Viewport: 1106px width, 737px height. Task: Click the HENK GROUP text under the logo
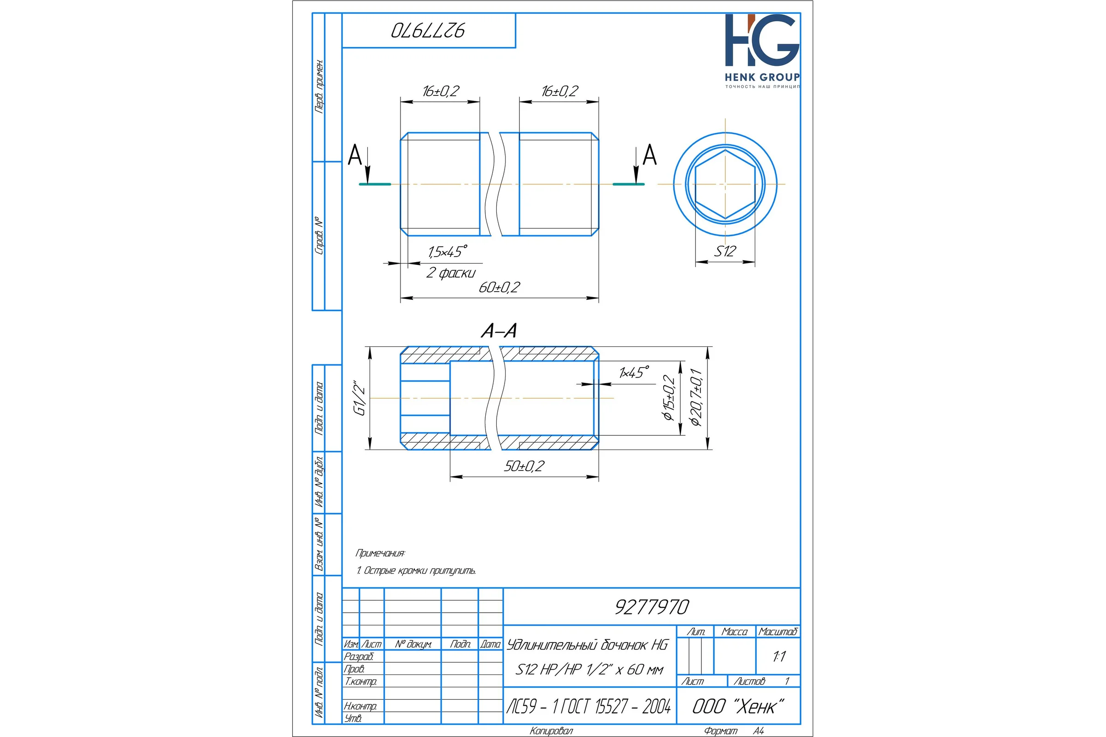tap(762, 77)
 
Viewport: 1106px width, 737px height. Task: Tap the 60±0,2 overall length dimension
tap(500, 287)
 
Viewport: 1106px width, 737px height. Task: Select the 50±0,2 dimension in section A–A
tap(524, 466)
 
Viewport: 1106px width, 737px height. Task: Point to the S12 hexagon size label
tap(725, 251)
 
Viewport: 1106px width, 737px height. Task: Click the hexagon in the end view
tap(725, 184)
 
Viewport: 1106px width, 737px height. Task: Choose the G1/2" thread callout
tap(360, 398)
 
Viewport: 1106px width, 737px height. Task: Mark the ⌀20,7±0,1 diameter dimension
tap(696, 398)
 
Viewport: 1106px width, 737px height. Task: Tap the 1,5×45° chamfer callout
tap(447, 252)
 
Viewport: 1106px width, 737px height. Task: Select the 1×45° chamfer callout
tap(635, 372)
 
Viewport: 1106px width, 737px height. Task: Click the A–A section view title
tap(499, 330)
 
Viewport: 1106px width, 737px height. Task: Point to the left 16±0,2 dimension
tap(441, 91)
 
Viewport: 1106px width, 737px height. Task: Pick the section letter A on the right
tap(649, 155)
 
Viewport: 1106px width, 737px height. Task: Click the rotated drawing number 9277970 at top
tap(428, 30)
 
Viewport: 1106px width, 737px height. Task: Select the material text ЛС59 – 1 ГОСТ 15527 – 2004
tap(589, 707)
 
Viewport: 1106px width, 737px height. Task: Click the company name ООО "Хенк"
tap(738, 707)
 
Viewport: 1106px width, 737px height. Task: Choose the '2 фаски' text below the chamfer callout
tap(451, 273)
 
